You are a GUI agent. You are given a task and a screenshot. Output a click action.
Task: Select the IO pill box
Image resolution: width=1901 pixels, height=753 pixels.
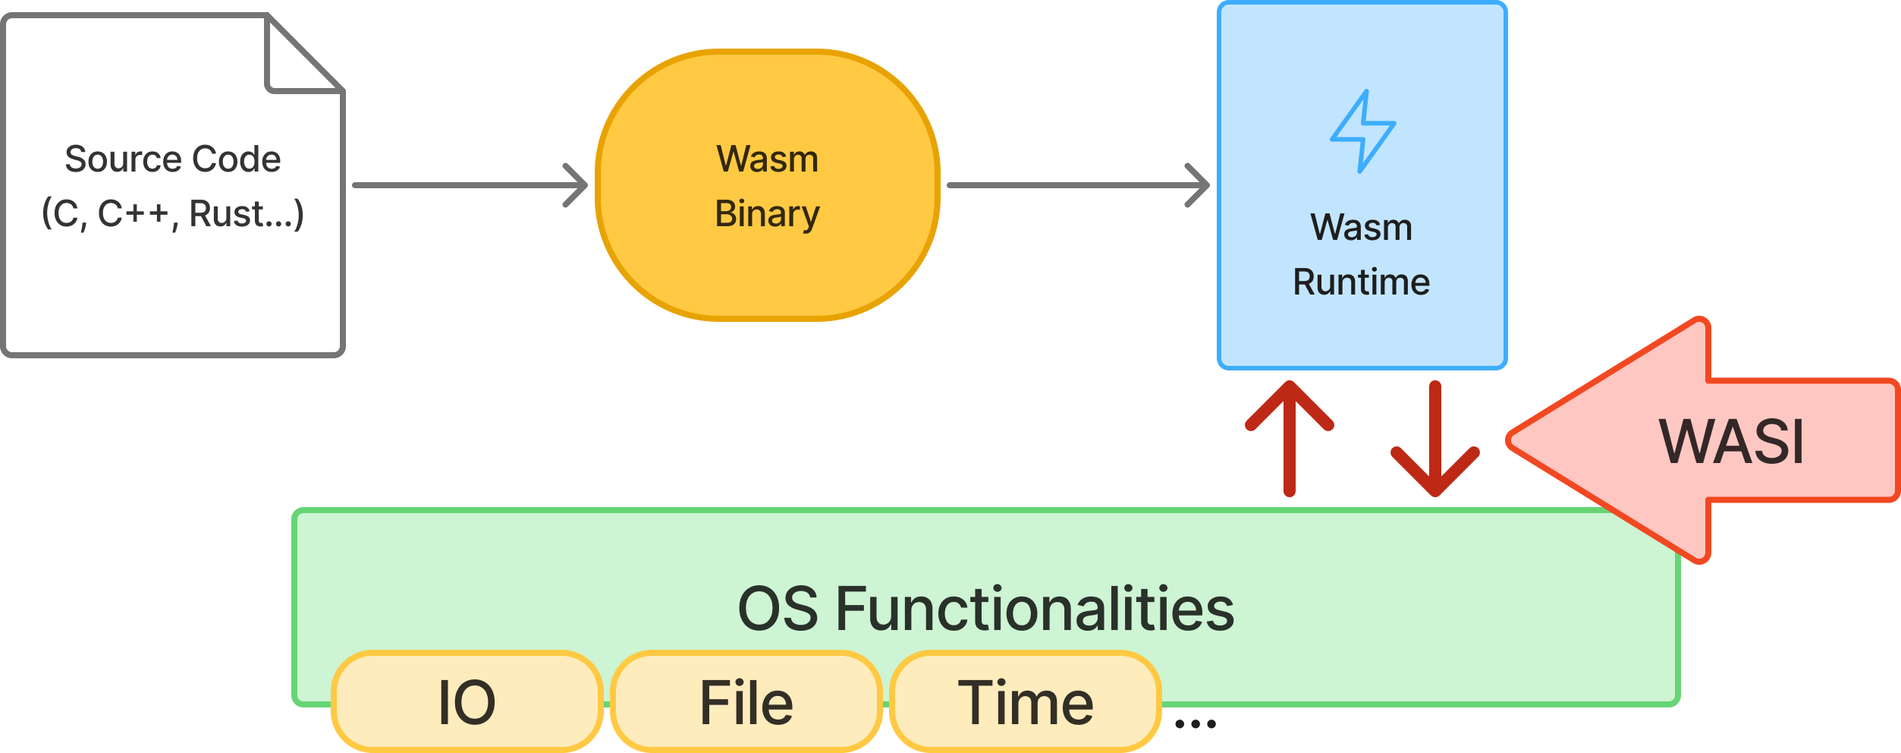[x=467, y=701]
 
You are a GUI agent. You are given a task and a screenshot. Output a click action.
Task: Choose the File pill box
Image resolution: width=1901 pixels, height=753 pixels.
[x=746, y=701]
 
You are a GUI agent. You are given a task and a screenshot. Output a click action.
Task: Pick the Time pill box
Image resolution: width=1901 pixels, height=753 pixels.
[x=1026, y=701]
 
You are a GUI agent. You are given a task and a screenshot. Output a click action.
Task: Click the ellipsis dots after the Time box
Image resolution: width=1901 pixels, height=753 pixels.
[x=1196, y=724]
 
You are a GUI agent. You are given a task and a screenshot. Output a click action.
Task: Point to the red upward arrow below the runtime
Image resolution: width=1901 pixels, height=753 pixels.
[x=1290, y=439]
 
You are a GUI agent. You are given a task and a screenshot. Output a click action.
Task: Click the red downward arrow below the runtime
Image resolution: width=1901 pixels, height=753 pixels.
[x=1435, y=439]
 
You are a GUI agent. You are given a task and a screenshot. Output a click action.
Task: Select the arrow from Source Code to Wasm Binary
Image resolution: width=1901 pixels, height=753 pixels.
[x=470, y=185]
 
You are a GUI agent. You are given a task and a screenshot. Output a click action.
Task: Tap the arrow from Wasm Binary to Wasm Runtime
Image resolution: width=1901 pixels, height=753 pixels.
[x=1079, y=185]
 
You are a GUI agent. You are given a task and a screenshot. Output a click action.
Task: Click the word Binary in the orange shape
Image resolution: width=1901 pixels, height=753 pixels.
[x=768, y=214]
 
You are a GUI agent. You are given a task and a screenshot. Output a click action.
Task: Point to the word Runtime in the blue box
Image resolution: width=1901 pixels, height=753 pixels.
[x=1362, y=282]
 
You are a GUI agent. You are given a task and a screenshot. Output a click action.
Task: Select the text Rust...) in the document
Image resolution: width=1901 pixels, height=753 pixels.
[x=247, y=214]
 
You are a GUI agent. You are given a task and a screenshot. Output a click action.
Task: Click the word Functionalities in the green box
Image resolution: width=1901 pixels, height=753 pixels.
[x=1035, y=609]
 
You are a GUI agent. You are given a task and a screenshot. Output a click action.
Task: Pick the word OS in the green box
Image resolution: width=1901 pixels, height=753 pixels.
[x=778, y=609]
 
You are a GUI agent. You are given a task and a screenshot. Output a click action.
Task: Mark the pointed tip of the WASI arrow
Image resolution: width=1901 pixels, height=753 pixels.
[x=1508, y=440]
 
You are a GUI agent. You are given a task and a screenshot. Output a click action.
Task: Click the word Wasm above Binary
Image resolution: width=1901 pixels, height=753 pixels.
[x=768, y=159]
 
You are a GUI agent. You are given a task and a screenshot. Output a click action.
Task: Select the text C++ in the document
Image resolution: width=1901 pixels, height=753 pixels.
[x=133, y=214]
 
